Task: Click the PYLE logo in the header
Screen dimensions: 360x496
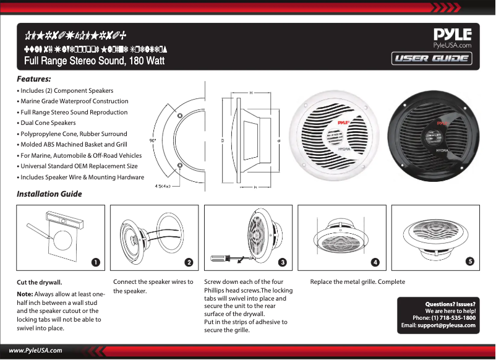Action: click(x=453, y=34)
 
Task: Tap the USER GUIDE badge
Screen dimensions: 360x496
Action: click(x=432, y=59)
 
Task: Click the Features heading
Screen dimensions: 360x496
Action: click(x=33, y=79)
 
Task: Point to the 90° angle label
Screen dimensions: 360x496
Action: click(x=153, y=140)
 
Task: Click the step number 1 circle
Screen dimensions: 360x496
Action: click(x=96, y=262)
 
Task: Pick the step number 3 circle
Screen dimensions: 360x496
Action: click(x=283, y=262)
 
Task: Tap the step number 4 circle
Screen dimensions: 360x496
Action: click(x=375, y=262)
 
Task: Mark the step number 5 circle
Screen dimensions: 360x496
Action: click(x=470, y=262)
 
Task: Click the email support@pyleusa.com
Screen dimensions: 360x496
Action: click(x=446, y=325)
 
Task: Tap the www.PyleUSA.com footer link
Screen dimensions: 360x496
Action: click(x=35, y=350)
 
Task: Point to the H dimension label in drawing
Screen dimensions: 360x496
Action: click(x=250, y=93)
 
